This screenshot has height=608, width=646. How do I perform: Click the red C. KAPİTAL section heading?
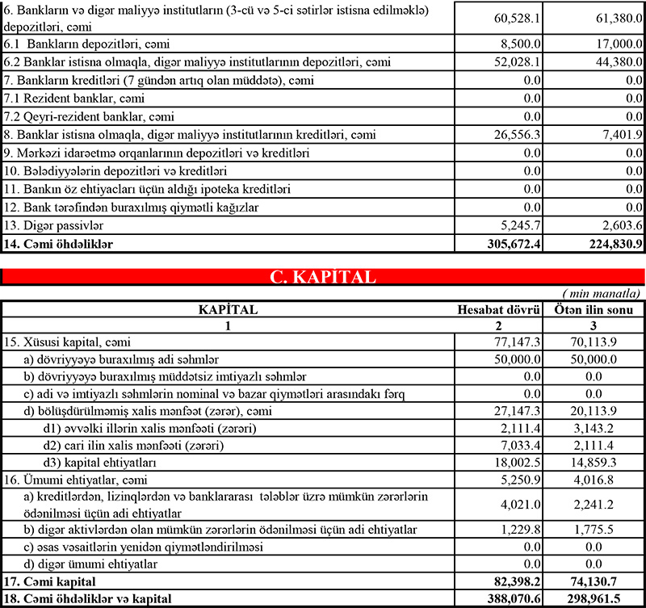[322, 278]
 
